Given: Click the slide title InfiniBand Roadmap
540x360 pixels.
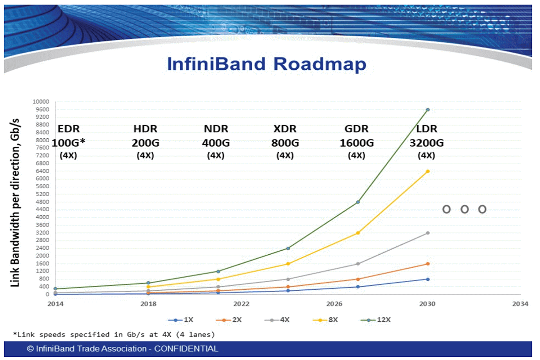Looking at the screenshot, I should point(266,64).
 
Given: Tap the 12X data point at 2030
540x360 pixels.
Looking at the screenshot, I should point(427,110).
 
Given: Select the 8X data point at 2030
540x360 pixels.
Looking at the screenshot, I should point(427,171).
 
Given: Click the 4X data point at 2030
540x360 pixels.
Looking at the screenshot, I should point(427,233).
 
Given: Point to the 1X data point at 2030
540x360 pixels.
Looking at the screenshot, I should point(427,279).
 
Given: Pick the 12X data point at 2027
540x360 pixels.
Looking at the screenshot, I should point(358,202).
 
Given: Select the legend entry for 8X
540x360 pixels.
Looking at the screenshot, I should point(328,320).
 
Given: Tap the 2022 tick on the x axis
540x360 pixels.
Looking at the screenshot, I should point(241,304).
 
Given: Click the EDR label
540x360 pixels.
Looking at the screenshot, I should point(69,129).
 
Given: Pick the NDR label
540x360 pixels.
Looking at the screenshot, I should point(216,129).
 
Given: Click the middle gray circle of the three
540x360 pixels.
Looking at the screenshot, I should point(464,209).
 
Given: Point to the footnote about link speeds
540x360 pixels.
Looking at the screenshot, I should point(114,334).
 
